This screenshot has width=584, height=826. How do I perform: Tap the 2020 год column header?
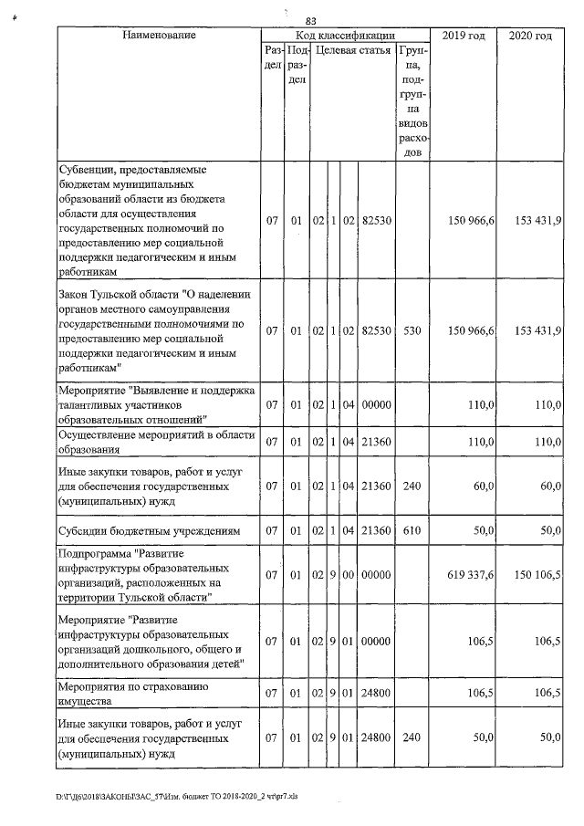529,36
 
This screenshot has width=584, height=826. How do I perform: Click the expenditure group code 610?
411,530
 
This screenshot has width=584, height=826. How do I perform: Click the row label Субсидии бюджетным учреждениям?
149,530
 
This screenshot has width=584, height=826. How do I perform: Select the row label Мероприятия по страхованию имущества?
149,693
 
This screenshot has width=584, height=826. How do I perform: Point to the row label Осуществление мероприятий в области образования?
154,442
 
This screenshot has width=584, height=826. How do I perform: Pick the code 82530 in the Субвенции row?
376,221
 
